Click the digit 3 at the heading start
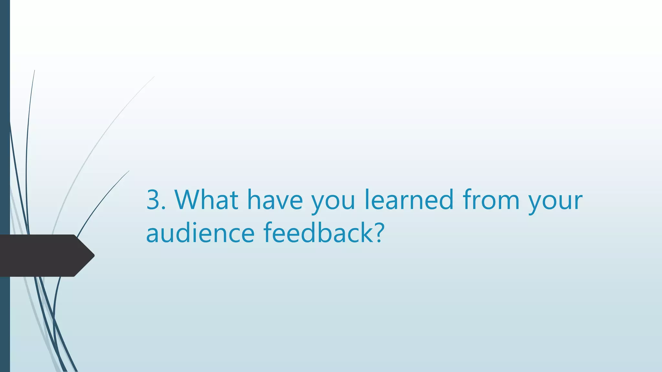click(x=154, y=200)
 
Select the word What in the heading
click(x=207, y=200)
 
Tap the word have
click(x=275, y=200)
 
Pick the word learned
click(x=409, y=200)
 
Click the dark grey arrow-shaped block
click(x=42, y=255)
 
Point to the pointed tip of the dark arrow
click(x=93, y=255)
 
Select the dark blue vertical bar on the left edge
click(x=5, y=129)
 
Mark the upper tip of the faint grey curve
click(x=154, y=77)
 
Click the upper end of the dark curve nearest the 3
click(x=129, y=171)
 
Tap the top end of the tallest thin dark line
click(x=34, y=71)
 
